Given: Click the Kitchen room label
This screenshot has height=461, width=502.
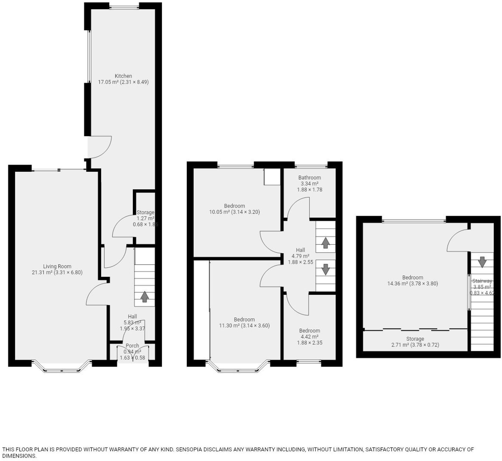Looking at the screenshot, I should [123, 76].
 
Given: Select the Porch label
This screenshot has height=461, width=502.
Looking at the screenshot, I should [132, 346].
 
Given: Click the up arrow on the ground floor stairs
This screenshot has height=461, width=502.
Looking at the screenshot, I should [144, 297].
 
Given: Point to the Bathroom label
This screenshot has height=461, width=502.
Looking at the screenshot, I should [309, 178].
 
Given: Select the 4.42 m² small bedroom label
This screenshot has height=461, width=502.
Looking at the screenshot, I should [309, 336].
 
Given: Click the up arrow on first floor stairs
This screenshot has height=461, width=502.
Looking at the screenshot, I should [325, 243].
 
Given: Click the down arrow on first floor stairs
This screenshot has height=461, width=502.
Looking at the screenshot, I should [325, 269].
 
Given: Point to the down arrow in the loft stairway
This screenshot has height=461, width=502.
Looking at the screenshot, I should [482, 262].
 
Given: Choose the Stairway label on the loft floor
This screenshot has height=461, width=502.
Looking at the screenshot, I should [482, 281].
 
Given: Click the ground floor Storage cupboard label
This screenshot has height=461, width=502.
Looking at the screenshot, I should [145, 212].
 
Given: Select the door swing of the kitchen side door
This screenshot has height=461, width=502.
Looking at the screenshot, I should [100, 148].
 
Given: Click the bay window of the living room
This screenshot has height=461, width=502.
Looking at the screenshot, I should [62, 369].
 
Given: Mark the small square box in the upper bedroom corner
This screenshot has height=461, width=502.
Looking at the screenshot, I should [272, 177].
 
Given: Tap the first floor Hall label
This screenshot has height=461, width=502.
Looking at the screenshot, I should [300, 250].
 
